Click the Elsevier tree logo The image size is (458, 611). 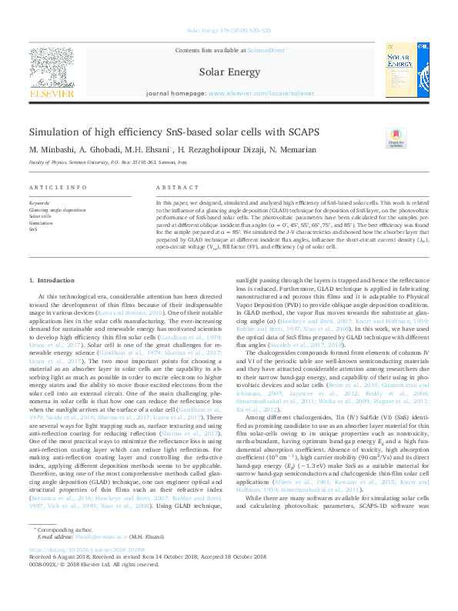pos(51,66)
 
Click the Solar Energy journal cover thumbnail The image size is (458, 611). pos(405,71)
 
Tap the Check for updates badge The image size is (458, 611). pos(396,139)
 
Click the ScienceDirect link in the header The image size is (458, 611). pos(266,50)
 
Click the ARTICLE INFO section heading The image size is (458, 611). pos(58,188)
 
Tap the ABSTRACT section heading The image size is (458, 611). pos(172,188)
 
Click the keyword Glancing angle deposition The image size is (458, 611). pos(57,209)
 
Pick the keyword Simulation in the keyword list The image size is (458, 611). pos(42,222)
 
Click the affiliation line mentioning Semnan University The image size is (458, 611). pos(108,163)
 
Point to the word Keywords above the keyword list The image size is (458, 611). pos(39,203)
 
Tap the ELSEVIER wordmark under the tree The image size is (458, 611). pos(52,93)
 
